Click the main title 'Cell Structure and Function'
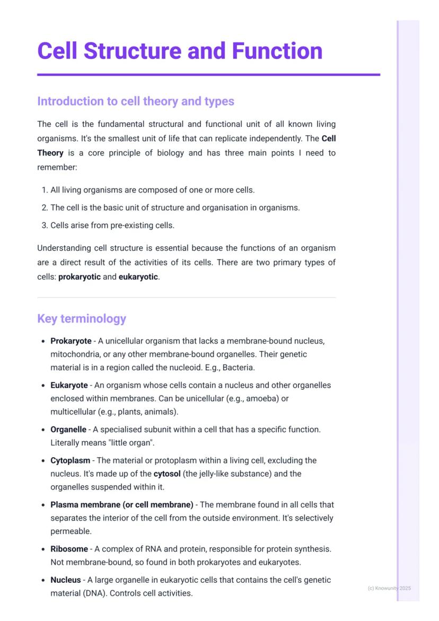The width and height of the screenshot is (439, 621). pos(180,51)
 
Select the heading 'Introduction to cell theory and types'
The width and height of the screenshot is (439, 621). pos(135,101)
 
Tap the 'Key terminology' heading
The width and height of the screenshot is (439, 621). pos(82,319)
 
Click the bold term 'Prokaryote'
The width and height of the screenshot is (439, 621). pos(71,341)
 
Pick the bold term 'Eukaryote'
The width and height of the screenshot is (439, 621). pos(69,385)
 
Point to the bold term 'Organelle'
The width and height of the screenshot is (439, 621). pos(68,429)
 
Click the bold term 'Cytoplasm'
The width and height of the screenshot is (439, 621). pos(70,460)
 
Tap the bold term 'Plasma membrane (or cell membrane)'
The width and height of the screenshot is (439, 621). pos(121,504)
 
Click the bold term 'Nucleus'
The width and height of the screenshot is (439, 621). pos(66,580)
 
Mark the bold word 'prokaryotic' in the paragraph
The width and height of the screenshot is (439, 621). pos(80,277)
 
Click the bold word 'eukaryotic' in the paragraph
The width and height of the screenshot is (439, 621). pos(138,277)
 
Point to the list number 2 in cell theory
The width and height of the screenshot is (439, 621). pos(45,208)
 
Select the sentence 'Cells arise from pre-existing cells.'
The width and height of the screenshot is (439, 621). pos(112,225)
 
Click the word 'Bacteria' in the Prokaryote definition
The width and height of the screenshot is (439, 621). pos(239,367)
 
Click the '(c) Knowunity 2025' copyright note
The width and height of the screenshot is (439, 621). pos(389,588)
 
